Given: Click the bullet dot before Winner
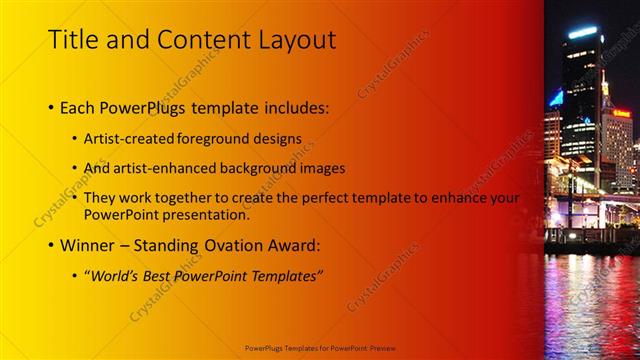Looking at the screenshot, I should click(52, 245).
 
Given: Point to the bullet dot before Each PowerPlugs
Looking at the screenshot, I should click(52, 107).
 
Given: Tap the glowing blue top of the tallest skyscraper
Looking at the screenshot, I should click(583, 32).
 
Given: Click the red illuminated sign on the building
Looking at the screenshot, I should click(622, 113).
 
